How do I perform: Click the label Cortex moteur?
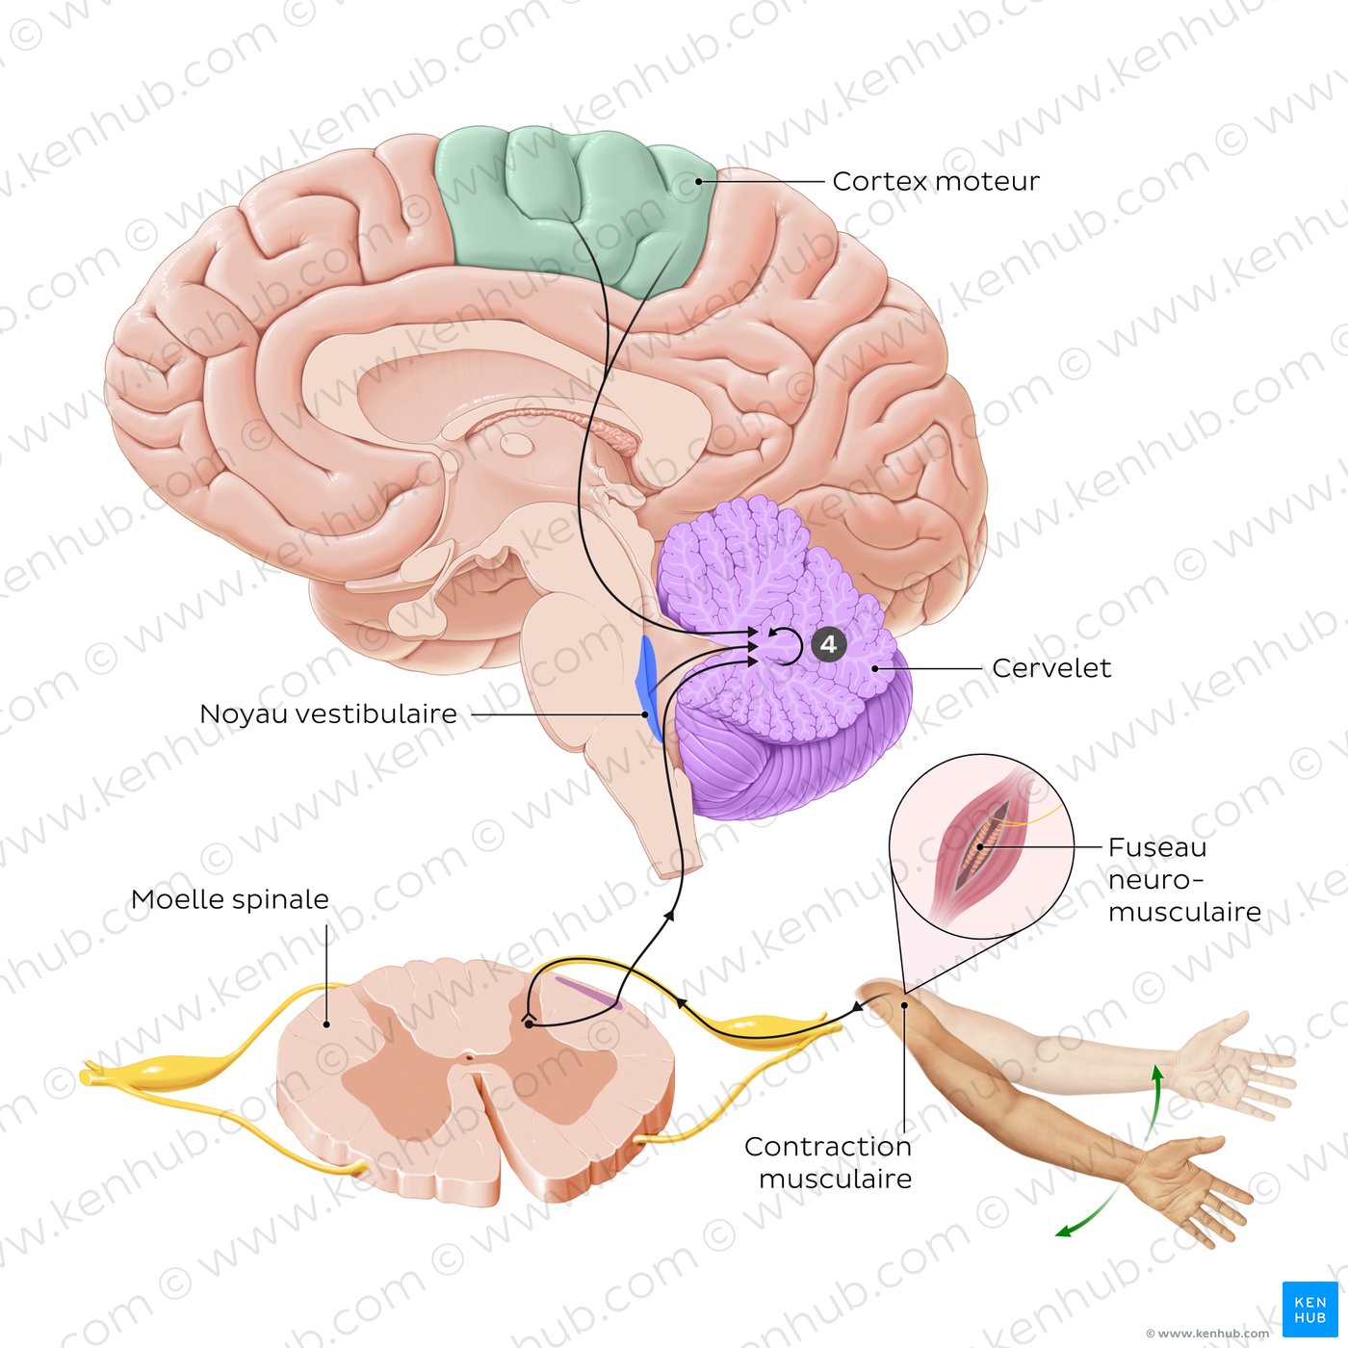pyautogui.click(x=935, y=181)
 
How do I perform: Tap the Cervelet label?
pyautogui.click(x=1050, y=668)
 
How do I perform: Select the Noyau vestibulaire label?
pyautogui.click(x=327, y=714)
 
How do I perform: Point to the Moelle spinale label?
pyautogui.click(x=229, y=899)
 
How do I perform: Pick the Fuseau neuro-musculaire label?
pyautogui.click(x=1183, y=879)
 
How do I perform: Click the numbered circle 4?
pyautogui.click(x=828, y=644)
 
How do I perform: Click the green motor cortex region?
pyautogui.click(x=578, y=202)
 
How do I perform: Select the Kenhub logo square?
pyautogui.click(x=1309, y=1309)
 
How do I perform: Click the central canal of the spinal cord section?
pyautogui.click(x=469, y=1058)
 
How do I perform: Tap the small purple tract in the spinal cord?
pyautogui.click(x=587, y=992)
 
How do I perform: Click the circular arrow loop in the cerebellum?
pyautogui.click(x=786, y=646)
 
